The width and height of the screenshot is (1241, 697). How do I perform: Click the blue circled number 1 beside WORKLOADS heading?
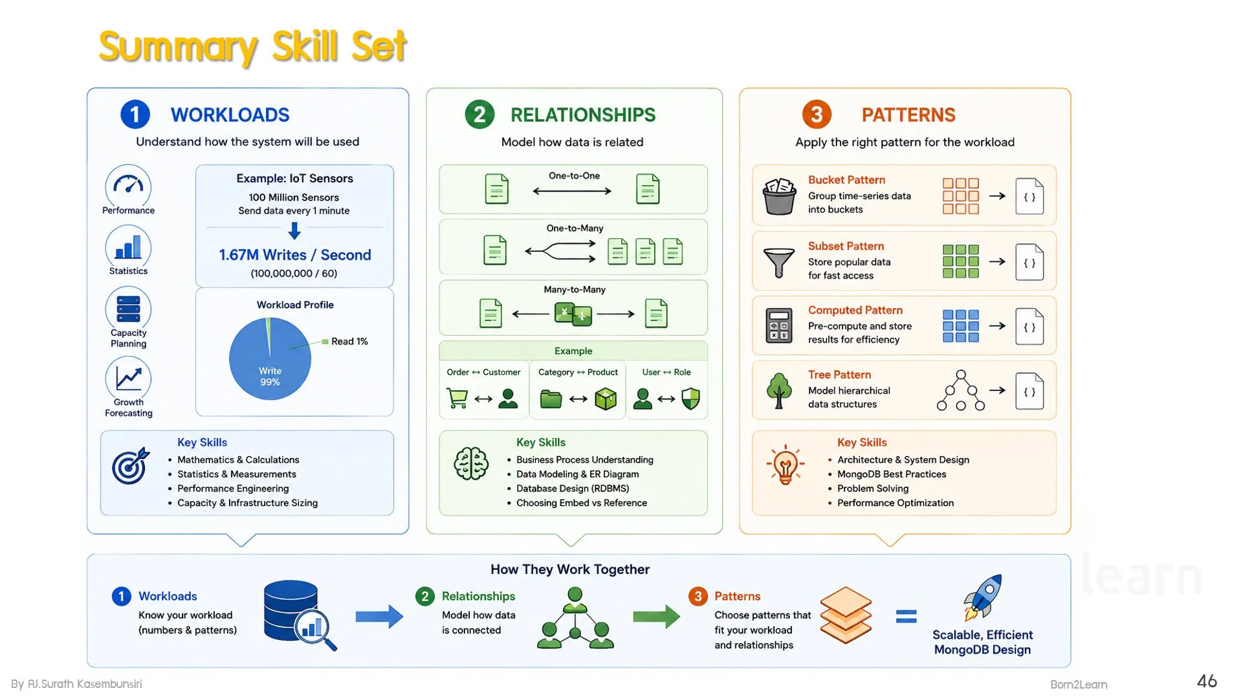(x=135, y=115)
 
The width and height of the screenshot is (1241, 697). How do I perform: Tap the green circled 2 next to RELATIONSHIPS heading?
(x=479, y=115)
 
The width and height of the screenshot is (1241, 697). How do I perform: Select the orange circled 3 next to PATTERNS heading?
(x=817, y=115)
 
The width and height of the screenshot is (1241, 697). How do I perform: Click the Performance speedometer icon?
(x=128, y=186)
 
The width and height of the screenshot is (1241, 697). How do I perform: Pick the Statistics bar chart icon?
(x=128, y=247)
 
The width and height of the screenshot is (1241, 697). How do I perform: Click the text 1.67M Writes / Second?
(x=295, y=255)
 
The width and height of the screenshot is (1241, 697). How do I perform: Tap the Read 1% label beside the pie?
(x=349, y=341)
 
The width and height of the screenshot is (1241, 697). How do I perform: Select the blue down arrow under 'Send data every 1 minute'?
(x=294, y=230)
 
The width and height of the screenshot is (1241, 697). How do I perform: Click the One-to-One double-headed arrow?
(x=572, y=191)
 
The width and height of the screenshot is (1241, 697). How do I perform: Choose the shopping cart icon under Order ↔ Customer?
(x=457, y=398)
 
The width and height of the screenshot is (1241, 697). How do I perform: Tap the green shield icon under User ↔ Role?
(x=691, y=399)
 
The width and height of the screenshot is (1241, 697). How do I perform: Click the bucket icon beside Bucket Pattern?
(x=779, y=196)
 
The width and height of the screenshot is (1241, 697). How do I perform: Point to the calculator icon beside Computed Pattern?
(x=779, y=325)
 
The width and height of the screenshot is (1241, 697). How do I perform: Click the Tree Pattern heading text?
(x=839, y=375)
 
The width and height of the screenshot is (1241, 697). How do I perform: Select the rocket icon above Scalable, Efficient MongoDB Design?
(x=983, y=597)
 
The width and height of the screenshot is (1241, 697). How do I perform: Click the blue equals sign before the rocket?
(x=906, y=617)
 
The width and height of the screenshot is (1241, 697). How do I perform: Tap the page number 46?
(x=1207, y=681)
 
